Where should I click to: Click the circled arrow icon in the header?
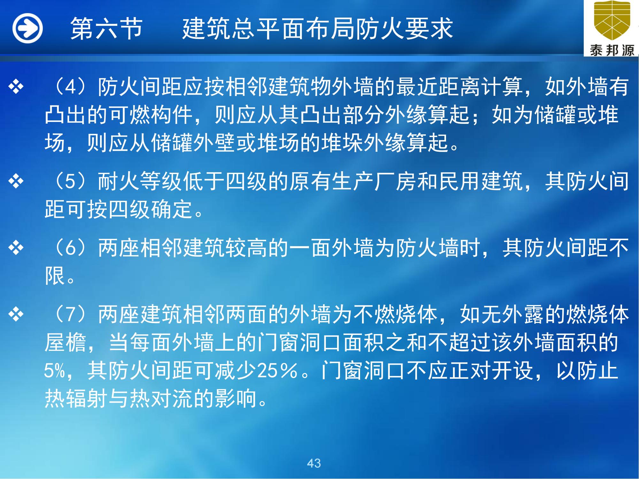tap(27, 28)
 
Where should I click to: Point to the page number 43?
tap(314, 463)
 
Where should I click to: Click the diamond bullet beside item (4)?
tap(16, 87)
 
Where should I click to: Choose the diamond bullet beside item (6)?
tap(16, 248)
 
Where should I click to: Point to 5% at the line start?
tap(55, 371)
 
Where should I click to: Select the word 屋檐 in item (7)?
tap(65, 343)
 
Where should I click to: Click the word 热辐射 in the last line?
tap(76, 399)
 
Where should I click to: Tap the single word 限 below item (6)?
tap(55, 276)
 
